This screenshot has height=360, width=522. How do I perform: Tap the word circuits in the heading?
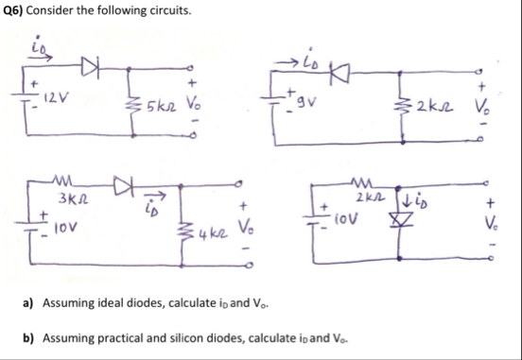click(x=143, y=12)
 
